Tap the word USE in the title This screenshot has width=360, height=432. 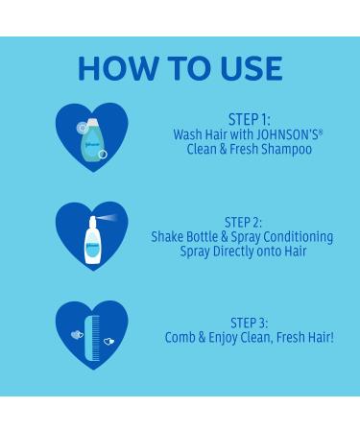pyautogui.click(x=246, y=68)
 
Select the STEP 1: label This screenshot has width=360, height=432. pyautogui.click(x=249, y=120)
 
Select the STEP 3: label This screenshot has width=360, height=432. pyautogui.click(x=249, y=323)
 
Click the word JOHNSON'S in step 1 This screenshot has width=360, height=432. pyautogui.click(x=289, y=135)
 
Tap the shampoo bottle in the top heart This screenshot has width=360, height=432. pyautogui.click(x=92, y=140)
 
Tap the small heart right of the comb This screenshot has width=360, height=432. pyautogui.click(x=108, y=340)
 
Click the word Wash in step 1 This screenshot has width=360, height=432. pyautogui.click(x=188, y=135)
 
